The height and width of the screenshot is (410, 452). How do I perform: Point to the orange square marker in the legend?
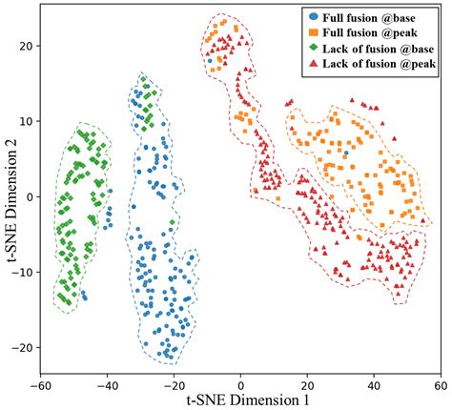tap(316, 32)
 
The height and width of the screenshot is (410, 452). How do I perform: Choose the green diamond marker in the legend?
tap(316, 48)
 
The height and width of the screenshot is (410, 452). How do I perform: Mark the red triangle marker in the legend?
tap(316, 63)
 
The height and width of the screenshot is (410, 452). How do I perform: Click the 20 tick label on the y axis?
tap(26, 46)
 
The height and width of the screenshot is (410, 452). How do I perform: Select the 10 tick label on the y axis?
tap(26, 121)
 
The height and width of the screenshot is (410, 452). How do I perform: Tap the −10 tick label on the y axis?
tap(22, 272)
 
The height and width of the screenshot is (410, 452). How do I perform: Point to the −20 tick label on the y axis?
tap(22, 347)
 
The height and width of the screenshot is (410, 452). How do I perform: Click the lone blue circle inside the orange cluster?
tap(347, 151)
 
